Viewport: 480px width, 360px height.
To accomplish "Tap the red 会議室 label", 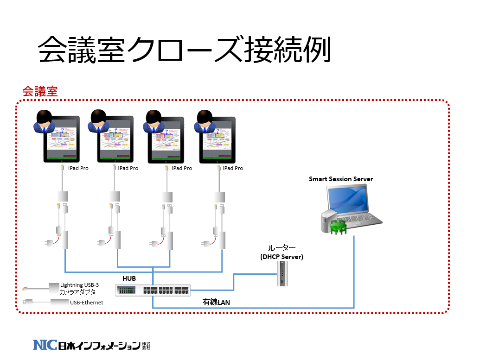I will click(x=40, y=91).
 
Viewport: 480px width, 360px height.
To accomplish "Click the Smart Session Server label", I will click(x=341, y=179).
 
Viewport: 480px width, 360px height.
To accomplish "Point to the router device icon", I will click(x=281, y=274).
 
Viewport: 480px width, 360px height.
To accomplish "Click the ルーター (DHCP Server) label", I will click(x=282, y=253).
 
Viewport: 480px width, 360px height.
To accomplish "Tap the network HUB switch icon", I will click(x=153, y=291).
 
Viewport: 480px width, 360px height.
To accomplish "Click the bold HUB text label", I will click(x=129, y=278).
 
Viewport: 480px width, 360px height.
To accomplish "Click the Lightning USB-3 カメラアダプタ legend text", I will click(x=79, y=289).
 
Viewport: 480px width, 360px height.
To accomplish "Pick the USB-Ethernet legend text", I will click(x=86, y=303).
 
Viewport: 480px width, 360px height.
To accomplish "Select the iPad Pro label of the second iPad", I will click(x=128, y=168).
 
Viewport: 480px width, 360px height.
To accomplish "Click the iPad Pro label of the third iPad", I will click(x=182, y=168).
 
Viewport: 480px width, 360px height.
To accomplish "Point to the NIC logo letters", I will click(x=45, y=345).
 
